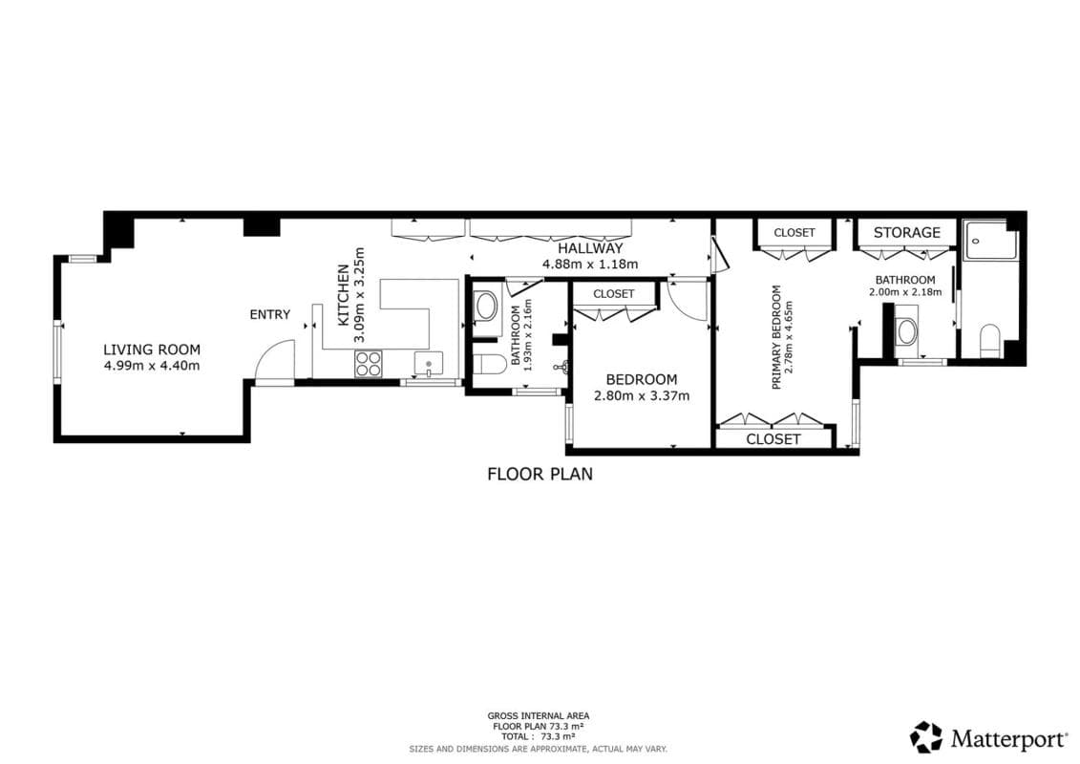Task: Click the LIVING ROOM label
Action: click(x=152, y=350)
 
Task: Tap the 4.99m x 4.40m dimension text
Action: click(x=152, y=366)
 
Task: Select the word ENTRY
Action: click(x=270, y=315)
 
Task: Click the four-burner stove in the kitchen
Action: click(x=370, y=363)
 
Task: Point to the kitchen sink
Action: click(x=429, y=364)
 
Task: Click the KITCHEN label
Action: click(x=343, y=295)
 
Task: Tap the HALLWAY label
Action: click(x=590, y=248)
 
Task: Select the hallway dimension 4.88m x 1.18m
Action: click(x=590, y=264)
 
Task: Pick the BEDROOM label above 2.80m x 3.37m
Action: click(x=642, y=379)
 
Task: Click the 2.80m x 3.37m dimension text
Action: click(x=642, y=395)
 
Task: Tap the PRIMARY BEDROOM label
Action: click(x=777, y=337)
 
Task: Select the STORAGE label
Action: click(x=907, y=233)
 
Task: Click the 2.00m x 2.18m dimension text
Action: click(x=905, y=292)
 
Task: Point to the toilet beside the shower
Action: click(x=990, y=341)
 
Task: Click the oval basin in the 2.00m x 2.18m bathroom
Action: click(x=906, y=332)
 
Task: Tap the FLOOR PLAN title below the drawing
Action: click(x=540, y=474)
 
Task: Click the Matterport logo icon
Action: click(x=926, y=737)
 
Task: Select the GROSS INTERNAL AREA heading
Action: click(x=539, y=716)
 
